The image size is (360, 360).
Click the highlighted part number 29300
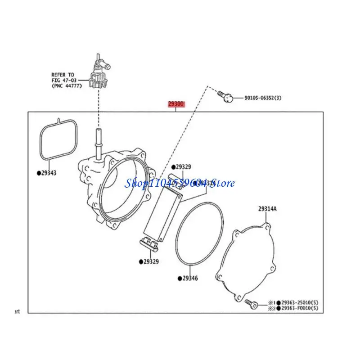tap(176, 104)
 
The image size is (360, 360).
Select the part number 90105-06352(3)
tap(263, 98)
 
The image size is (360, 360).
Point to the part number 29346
tap(190, 279)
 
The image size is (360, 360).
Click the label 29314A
tap(267, 209)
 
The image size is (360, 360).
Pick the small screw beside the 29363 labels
tap(251, 304)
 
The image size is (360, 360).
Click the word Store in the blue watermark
tap(223, 183)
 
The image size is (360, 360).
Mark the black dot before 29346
tap(179, 279)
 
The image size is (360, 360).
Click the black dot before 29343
tap(38, 173)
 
